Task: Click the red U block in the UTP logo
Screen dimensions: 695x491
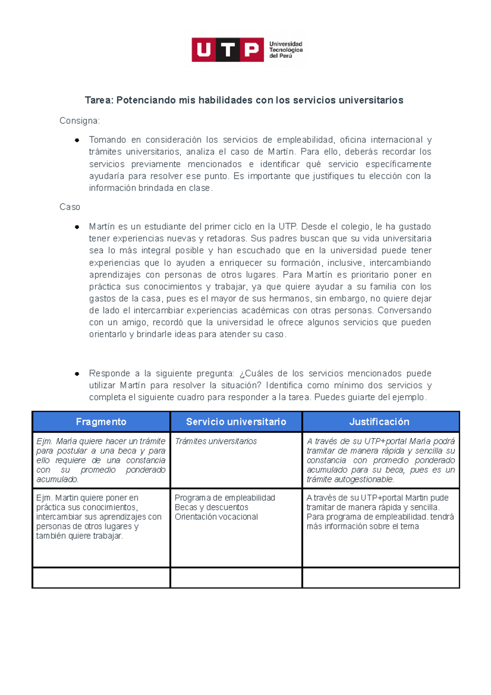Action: (204, 50)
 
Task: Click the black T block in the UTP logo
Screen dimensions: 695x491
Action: (228, 50)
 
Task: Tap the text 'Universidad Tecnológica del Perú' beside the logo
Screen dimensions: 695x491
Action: (286, 50)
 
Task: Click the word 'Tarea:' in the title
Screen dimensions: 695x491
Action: (99, 100)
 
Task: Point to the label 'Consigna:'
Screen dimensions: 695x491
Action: (80, 121)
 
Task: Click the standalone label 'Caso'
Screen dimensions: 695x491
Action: (70, 207)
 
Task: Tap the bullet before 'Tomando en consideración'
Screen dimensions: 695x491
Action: (77, 140)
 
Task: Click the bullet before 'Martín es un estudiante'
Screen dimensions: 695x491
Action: (77, 227)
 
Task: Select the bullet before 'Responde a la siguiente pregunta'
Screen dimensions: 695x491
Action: (77, 374)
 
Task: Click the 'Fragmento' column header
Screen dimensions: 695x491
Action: (101, 422)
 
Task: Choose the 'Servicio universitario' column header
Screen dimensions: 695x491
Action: (236, 422)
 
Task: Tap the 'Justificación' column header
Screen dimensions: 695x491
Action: (379, 422)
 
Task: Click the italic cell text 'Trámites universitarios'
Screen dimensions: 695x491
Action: (216, 442)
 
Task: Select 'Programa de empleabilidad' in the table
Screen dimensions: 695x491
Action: (225, 498)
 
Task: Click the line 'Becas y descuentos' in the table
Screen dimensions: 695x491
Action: (211, 508)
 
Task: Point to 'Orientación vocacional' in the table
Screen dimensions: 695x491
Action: (216, 517)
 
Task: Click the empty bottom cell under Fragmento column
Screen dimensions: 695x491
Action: (101, 578)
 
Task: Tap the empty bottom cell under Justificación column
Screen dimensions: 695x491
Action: (381, 578)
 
